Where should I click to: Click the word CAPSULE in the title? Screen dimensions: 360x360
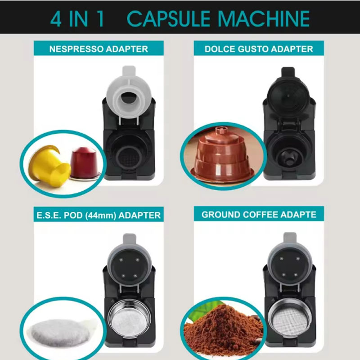pos(168,19)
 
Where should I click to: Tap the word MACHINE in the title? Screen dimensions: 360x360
pos(264,19)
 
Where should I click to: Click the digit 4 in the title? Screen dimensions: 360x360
pos(56,19)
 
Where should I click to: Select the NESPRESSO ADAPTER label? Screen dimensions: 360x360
pos(99,49)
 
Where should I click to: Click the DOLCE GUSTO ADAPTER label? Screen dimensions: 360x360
pos(259,49)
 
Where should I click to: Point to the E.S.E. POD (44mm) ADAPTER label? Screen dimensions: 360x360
pos(99,215)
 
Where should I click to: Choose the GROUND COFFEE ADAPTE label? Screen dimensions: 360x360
pos(259,215)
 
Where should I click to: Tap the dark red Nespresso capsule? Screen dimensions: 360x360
pos(85,163)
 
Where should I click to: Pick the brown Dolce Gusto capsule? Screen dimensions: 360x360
pos(222,154)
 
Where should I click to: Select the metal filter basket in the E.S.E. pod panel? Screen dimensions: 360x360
pos(129,319)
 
